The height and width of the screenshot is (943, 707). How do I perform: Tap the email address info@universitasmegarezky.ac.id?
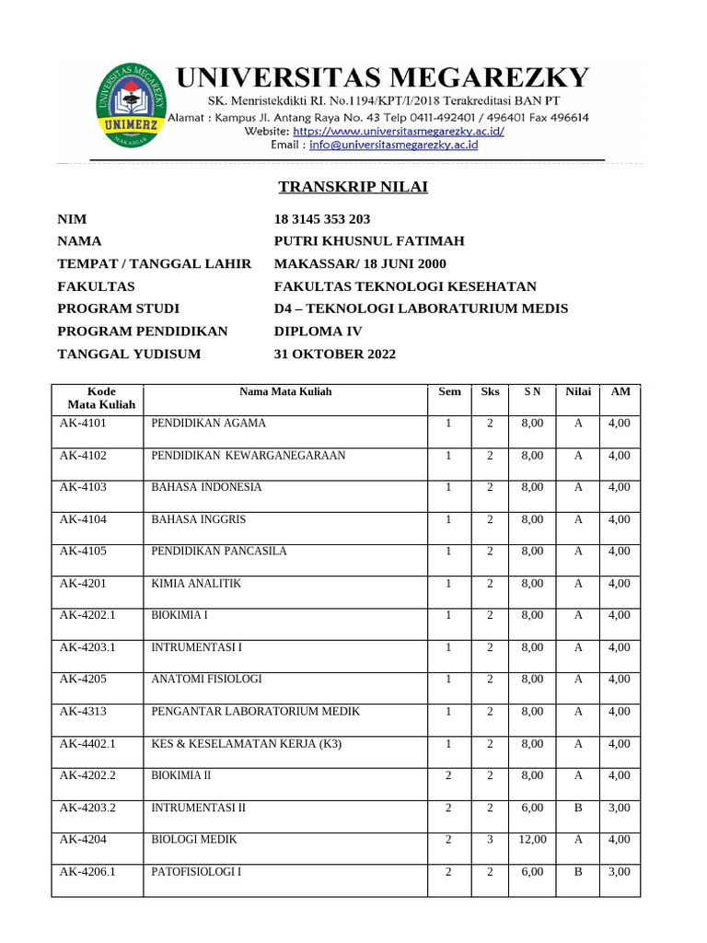tap(393, 145)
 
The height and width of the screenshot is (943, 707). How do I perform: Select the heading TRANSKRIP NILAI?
tap(353, 187)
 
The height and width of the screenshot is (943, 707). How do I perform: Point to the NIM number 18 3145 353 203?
tap(322, 219)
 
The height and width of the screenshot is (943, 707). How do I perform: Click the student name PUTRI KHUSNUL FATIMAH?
tap(369, 241)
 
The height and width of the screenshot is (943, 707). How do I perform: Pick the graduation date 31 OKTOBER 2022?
tap(335, 354)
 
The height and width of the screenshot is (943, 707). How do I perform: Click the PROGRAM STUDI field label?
tap(118, 309)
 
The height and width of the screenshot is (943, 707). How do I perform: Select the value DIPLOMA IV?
tap(319, 332)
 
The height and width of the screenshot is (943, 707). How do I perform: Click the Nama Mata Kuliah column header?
tap(285, 391)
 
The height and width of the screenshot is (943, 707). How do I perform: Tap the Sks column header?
tap(490, 391)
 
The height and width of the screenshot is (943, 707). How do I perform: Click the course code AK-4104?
tap(84, 519)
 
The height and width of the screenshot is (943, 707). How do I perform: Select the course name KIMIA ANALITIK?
tap(195, 583)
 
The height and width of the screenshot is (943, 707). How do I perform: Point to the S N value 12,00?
tap(532, 839)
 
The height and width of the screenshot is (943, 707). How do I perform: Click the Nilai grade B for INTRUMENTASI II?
tap(578, 808)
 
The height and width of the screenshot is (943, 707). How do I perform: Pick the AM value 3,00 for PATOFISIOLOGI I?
tap(620, 871)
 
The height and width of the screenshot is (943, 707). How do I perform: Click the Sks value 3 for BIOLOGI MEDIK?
tap(490, 839)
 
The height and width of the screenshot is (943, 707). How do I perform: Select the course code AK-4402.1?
tap(88, 743)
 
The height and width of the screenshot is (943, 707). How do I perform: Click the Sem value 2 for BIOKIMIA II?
tap(448, 775)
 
